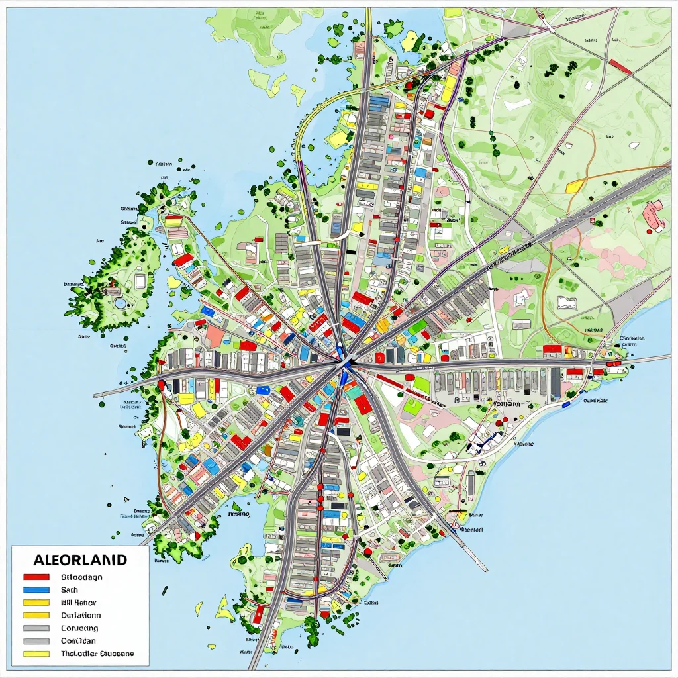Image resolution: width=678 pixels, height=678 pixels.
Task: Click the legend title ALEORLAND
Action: (x=70, y=560)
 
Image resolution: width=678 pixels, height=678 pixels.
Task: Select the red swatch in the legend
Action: (x=36, y=577)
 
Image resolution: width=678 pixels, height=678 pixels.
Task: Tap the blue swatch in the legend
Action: (x=36, y=589)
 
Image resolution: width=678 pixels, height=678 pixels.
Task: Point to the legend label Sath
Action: (x=70, y=589)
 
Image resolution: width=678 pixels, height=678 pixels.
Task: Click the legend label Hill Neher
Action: (x=78, y=603)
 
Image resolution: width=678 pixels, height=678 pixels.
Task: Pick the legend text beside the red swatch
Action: (x=81, y=577)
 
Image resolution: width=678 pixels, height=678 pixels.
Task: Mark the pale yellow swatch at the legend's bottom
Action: (x=36, y=654)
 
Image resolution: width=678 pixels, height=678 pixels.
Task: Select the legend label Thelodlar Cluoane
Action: (x=97, y=654)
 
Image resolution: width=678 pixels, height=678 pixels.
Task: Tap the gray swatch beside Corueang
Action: (x=36, y=628)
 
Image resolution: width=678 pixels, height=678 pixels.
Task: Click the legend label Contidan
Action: (x=77, y=640)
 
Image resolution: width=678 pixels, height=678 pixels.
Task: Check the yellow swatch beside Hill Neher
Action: (x=36, y=603)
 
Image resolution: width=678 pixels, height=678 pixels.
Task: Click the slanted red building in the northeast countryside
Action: (x=620, y=65)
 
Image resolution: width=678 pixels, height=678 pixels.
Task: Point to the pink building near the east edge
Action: (x=654, y=215)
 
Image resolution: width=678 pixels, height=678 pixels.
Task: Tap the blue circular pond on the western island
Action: (x=120, y=303)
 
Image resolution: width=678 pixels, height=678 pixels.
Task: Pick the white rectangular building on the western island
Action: (x=140, y=281)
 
